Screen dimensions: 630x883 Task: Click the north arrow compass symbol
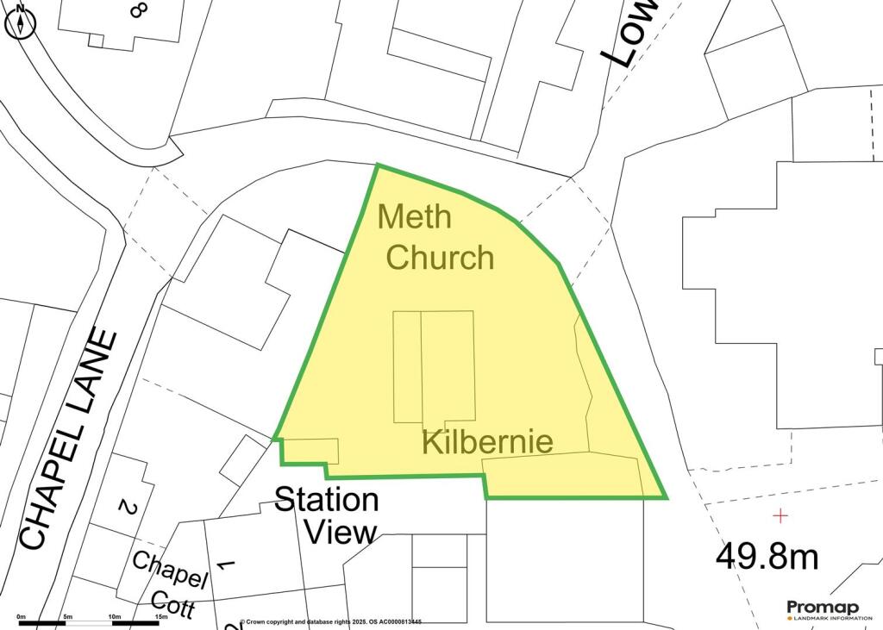(19, 22)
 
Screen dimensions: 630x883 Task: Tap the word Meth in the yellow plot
(414, 217)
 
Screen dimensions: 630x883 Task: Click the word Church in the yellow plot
(440, 257)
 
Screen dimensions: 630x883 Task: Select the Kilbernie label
(487, 442)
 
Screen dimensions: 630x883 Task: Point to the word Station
(326, 500)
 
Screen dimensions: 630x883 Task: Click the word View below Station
(341, 533)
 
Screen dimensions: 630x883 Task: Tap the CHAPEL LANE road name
(68, 440)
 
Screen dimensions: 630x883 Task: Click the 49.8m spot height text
(767, 556)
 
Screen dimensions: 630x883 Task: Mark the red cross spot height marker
(780, 516)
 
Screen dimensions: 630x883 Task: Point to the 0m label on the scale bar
(22, 617)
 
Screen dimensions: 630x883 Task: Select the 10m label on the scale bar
(114, 617)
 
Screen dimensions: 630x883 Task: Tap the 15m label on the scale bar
(160, 617)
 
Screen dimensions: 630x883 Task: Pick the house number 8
(136, 9)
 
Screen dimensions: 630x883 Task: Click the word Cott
(173, 602)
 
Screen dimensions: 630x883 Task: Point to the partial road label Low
(629, 34)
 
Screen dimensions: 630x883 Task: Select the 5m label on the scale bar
(68, 617)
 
